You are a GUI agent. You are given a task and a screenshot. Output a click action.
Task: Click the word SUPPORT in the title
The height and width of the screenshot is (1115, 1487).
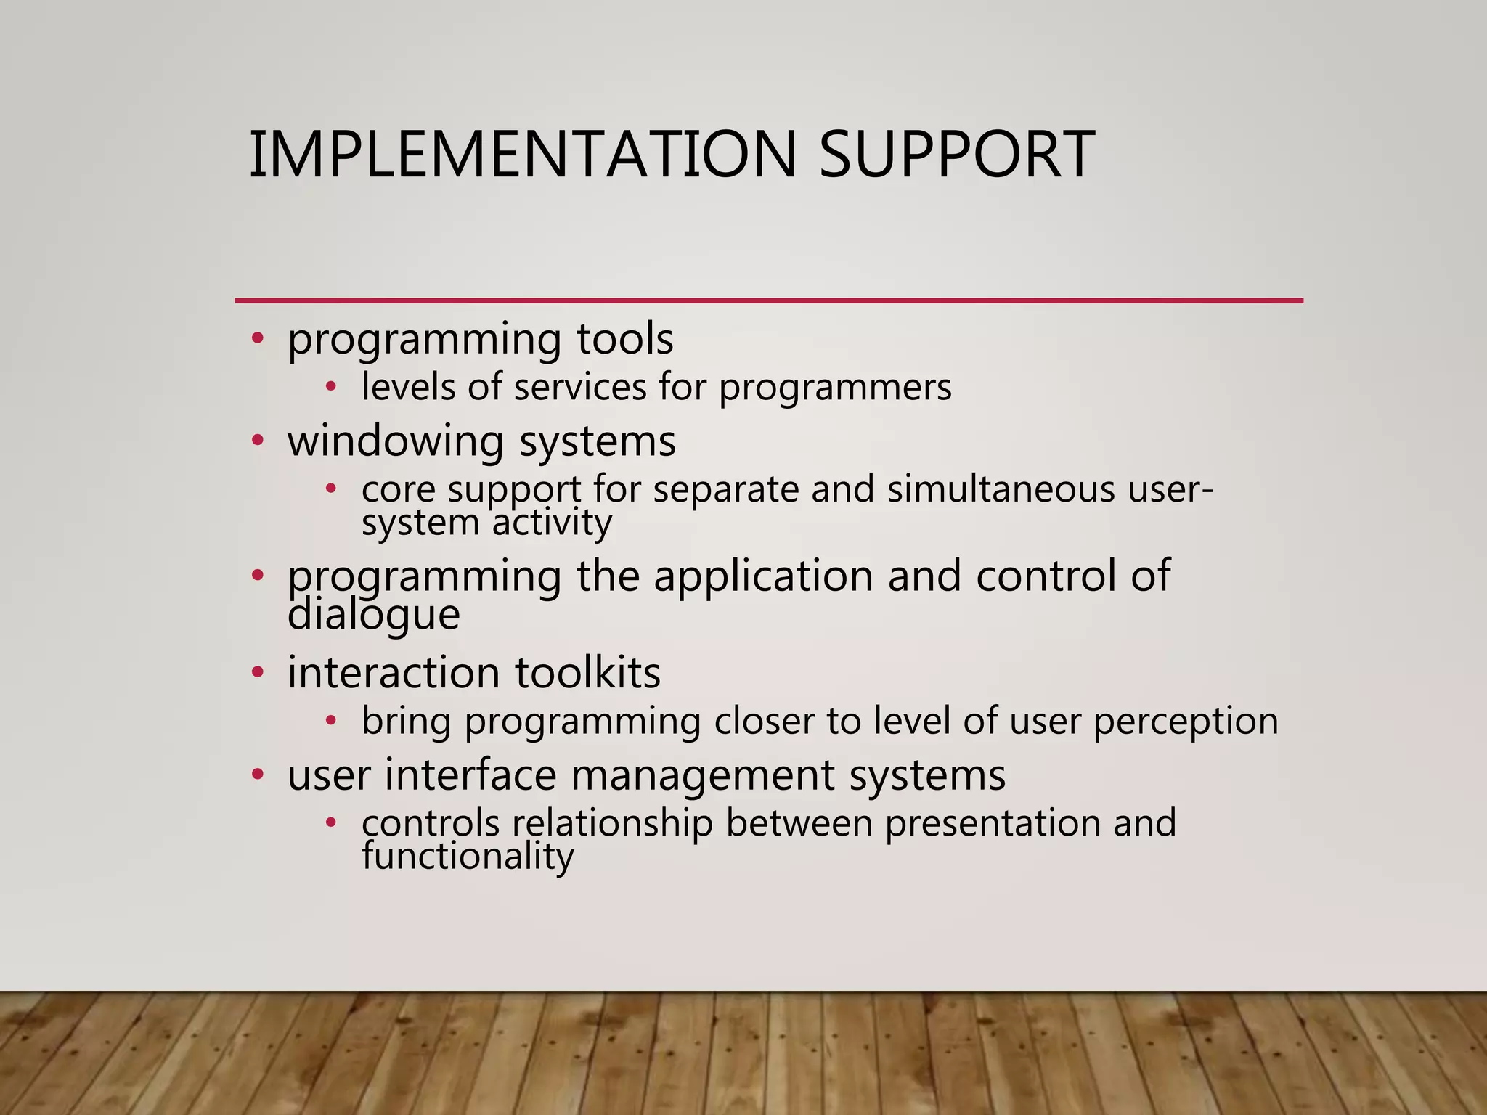point(956,154)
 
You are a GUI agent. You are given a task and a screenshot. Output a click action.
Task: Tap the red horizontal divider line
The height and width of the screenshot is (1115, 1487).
point(768,300)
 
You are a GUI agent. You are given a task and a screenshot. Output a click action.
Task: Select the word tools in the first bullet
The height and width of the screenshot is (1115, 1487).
point(625,339)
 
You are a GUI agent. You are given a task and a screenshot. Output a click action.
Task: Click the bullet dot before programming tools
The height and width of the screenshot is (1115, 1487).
point(257,338)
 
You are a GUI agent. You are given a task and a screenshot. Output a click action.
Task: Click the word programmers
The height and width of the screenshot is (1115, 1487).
point(835,388)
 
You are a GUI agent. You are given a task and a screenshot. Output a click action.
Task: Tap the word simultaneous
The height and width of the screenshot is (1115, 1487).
point(1001,489)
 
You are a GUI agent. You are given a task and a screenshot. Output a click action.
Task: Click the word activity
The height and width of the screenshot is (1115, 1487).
point(553,522)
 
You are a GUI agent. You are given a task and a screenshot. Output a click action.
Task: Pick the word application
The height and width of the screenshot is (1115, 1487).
point(763,576)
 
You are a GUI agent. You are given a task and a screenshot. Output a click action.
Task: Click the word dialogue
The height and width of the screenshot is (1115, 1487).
point(373,615)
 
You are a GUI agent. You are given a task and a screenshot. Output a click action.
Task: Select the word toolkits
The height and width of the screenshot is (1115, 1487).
point(587,672)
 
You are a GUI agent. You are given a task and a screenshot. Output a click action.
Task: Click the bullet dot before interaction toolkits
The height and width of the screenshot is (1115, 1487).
point(257,672)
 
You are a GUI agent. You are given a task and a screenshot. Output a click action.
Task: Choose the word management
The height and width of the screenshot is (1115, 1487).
point(702,775)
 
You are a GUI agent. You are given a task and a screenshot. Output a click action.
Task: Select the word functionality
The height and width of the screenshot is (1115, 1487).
point(468,857)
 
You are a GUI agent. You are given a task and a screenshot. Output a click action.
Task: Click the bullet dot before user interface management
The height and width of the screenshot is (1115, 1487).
point(257,775)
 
